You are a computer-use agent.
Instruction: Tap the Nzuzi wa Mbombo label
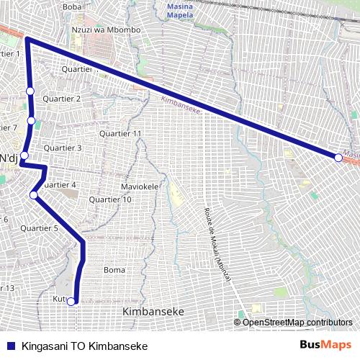tap(105, 30)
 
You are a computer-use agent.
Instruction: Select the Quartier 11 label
tap(120, 134)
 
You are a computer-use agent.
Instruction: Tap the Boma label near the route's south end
tap(114, 270)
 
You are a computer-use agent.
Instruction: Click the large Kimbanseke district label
tap(153, 311)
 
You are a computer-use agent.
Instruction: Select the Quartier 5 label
tap(39, 228)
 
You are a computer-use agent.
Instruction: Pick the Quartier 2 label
tap(62, 98)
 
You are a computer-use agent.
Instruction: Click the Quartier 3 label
tap(63, 148)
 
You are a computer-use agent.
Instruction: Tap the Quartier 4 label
tap(59, 185)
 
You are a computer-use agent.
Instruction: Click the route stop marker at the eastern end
tap(338, 157)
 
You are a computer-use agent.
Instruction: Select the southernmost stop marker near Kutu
tap(71, 302)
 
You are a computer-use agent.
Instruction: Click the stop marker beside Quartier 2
tap(30, 90)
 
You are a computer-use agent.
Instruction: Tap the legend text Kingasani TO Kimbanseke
tap(85, 346)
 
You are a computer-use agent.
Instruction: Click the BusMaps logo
tap(325, 346)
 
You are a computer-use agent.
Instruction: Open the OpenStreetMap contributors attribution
tap(297, 322)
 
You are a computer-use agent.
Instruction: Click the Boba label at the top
tap(73, 6)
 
